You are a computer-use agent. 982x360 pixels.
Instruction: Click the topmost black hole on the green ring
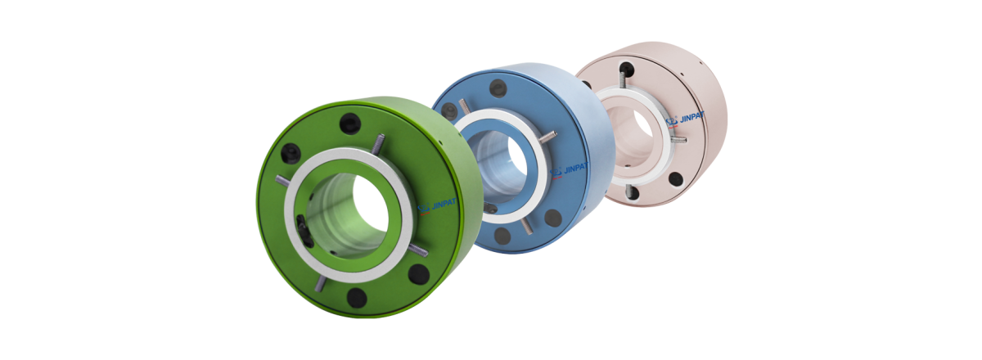pyautogui.click(x=349, y=124)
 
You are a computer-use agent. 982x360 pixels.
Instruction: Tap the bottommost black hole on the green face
pyautogui.click(x=357, y=296)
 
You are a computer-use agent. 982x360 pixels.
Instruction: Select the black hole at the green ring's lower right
pyautogui.click(x=418, y=273)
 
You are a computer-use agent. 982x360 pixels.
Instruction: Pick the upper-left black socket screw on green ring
pyautogui.click(x=291, y=153)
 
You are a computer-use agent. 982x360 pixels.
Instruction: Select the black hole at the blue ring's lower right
pyautogui.click(x=553, y=218)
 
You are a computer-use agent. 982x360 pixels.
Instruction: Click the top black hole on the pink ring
pyautogui.click(x=626, y=69)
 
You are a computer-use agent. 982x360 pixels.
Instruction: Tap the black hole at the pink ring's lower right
pyautogui.click(x=675, y=178)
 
